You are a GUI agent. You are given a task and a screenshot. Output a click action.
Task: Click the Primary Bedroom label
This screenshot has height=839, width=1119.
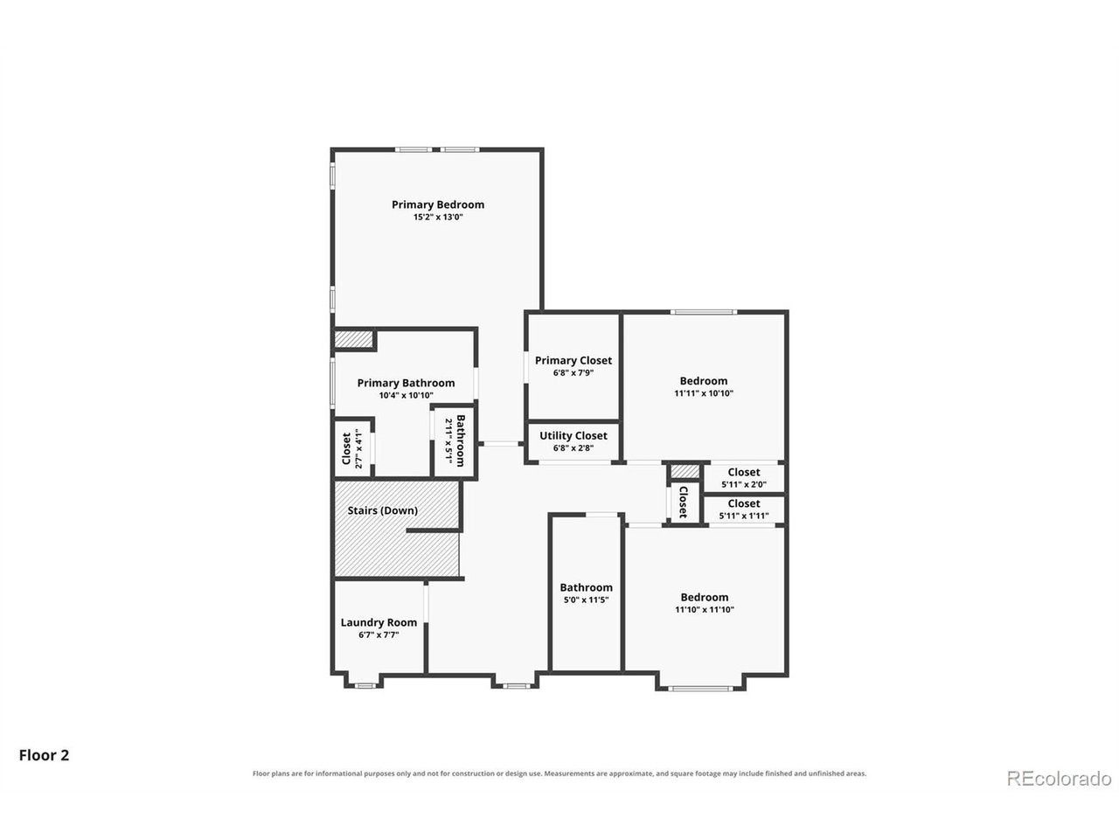tap(437, 205)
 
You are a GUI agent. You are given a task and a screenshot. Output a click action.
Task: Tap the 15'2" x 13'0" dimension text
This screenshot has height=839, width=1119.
tap(437, 217)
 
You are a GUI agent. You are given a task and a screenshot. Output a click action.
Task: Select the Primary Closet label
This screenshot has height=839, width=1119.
tap(573, 360)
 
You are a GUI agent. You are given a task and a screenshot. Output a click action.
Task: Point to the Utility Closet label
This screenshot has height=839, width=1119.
tap(573, 435)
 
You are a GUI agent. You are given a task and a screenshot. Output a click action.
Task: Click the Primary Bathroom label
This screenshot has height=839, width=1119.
tap(406, 383)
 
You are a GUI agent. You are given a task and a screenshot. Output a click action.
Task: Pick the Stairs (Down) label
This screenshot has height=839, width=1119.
tap(382, 510)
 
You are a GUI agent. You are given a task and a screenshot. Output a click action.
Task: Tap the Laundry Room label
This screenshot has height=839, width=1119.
tap(379, 622)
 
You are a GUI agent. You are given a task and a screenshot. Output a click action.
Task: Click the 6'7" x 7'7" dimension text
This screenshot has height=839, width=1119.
tap(379, 634)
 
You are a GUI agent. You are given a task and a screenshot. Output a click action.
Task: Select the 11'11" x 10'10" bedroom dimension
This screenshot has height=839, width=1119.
tap(704, 392)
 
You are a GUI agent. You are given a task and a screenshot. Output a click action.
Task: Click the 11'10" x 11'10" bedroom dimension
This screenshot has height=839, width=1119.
tap(704, 609)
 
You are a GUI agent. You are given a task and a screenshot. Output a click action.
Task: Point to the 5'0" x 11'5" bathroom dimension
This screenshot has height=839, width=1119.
tap(586, 600)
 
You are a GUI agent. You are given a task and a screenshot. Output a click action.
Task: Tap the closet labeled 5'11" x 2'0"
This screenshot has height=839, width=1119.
tap(743, 478)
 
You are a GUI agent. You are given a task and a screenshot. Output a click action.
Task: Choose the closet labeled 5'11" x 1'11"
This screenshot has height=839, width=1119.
tap(743, 509)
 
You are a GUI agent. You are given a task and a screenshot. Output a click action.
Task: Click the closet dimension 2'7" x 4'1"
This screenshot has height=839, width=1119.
tap(359, 448)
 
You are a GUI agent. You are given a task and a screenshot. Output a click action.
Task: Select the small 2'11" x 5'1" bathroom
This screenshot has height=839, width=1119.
tap(455, 441)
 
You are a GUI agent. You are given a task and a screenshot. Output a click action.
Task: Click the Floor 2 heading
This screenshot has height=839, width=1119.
tap(44, 754)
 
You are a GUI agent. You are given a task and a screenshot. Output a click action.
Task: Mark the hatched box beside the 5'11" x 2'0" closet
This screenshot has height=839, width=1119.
tap(685, 471)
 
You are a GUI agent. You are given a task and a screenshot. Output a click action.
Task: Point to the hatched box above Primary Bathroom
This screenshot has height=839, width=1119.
tap(353, 339)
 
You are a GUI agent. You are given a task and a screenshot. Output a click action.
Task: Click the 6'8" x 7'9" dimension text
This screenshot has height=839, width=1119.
tap(573, 372)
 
